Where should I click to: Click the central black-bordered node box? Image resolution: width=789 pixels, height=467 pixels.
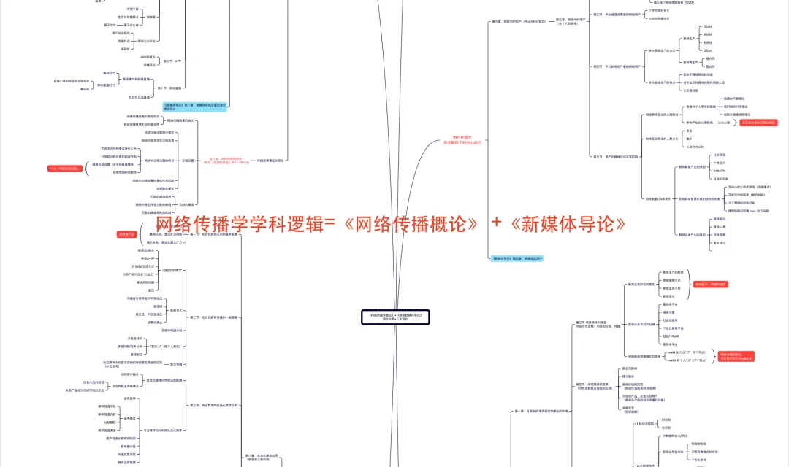[x=395, y=317]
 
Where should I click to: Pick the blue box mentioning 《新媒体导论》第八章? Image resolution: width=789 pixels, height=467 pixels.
[x=194, y=107]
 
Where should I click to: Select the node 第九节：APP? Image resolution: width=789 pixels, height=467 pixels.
[x=172, y=61]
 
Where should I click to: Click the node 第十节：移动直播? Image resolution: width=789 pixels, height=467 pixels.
[x=169, y=88]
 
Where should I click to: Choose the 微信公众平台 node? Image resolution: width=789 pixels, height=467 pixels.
[x=150, y=41]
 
